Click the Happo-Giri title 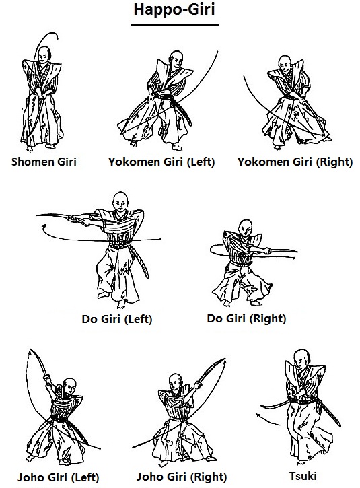tap(174, 9)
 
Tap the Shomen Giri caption tap(44, 162)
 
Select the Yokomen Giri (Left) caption tap(161, 162)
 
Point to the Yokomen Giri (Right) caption tap(295, 162)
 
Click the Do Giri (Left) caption tap(117, 319)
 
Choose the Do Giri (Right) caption tap(246, 318)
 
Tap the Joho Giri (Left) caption tap(58, 477)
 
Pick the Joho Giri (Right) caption tap(182, 477)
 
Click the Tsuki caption tap(303, 476)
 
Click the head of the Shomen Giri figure tap(44, 55)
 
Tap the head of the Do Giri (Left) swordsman tap(120, 201)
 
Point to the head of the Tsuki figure tap(302, 358)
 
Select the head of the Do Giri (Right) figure tap(246, 228)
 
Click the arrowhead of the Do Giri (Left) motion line tap(44, 226)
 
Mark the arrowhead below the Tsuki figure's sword tap(258, 415)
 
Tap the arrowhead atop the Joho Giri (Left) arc tap(30, 352)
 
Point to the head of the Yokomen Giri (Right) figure tap(285, 64)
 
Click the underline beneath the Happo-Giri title tap(175, 24)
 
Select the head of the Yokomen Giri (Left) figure tap(176, 59)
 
